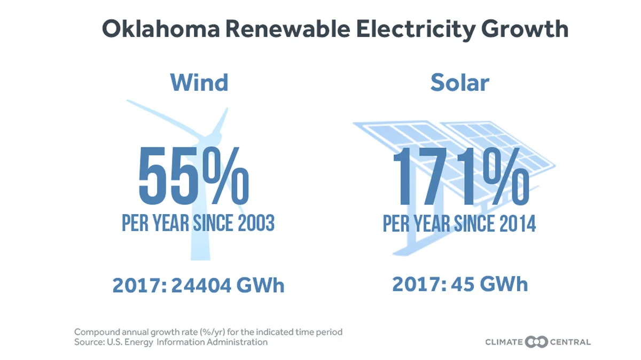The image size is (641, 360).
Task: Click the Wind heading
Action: [x=199, y=82]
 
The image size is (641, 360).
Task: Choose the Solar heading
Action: [x=459, y=82]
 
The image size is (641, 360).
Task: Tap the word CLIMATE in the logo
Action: [x=504, y=342]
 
